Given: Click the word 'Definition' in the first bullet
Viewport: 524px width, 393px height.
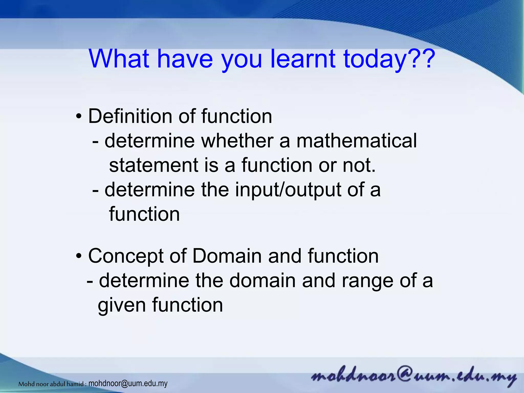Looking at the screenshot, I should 130,116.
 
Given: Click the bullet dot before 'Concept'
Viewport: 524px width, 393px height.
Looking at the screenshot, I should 79,257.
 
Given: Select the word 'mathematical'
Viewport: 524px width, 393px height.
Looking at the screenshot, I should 356,141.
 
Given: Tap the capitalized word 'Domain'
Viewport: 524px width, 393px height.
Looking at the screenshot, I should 228,256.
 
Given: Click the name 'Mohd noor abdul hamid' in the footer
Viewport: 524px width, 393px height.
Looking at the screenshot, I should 51,384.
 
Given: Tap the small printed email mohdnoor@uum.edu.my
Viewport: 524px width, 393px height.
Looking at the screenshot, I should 128,384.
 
